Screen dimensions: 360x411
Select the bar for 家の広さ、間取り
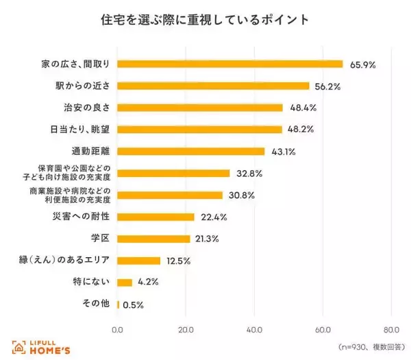(x=229, y=64)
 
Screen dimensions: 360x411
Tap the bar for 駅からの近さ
(x=213, y=86)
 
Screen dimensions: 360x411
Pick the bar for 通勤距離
(x=191, y=151)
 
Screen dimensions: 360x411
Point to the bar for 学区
(x=153, y=239)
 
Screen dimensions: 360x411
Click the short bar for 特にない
(x=125, y=282)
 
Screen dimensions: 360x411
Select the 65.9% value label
(x=362, y=64)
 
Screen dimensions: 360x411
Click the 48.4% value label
(x=302, y=108)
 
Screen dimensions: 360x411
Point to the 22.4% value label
(x=214, y=217)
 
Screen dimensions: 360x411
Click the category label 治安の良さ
(x=86, y=108)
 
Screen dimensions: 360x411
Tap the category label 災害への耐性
(x=82, y=217)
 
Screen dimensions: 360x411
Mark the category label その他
(x=95, y=304)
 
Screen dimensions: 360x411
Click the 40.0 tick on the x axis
(x=254, y=328)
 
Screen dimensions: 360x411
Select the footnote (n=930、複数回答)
(x=367, y=348)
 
